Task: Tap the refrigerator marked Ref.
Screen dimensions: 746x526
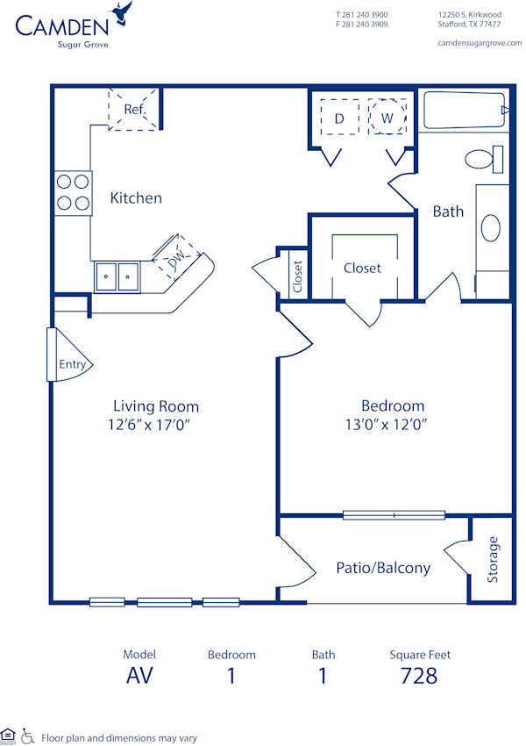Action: [133, 109]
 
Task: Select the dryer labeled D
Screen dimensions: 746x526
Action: [338, 117]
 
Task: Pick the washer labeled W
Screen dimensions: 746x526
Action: [387, 117]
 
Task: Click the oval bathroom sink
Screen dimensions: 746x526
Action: [491, 228]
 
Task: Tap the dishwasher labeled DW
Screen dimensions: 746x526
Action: [176, 259]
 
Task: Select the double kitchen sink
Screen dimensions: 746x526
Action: [117, 276]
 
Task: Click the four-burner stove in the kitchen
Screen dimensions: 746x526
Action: [73, 193]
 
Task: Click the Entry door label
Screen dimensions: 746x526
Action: [72, 364]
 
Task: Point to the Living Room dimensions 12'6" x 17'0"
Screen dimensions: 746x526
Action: [156, 425]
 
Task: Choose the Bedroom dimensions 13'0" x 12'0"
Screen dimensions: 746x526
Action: [393, 425]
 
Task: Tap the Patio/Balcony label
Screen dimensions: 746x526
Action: [383, 568]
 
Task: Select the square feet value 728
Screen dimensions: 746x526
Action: [418, 676]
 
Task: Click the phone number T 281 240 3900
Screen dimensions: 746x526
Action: [361, 15]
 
